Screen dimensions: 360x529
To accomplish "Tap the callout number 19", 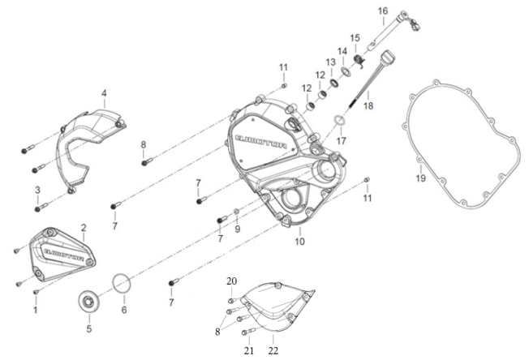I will click(x=420, y=178).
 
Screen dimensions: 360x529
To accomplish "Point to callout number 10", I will click(x=299, y=241).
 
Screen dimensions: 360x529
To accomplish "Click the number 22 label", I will click(x=273, y=350).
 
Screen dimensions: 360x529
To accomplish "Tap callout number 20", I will click(x=231, y=281).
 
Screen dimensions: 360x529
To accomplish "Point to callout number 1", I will click(x=35, y=310).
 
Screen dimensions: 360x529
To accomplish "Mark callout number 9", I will click(x=237, y=229).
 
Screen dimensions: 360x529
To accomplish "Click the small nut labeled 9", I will click(x=236, y=212).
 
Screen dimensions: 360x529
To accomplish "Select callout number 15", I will click(x=355, y=37).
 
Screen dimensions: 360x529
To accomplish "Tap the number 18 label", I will click(x=368, y=105).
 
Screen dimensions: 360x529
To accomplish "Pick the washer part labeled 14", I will click(x=346, y=72).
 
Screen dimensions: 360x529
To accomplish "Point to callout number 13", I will click(x=330, y=62).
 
